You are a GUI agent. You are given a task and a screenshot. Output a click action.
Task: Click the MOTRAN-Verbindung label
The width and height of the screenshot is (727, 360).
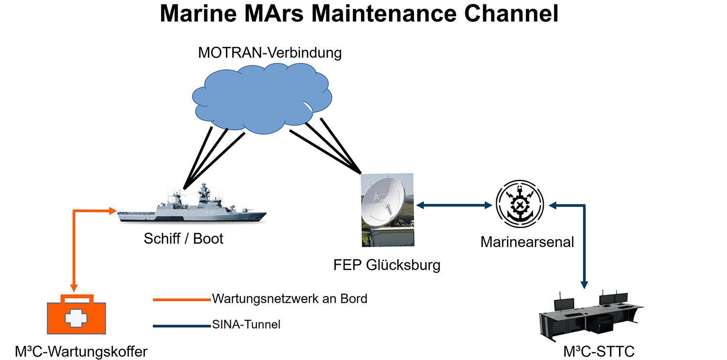tap(269, 53)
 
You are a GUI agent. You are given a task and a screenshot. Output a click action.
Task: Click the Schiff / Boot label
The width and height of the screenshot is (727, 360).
tap(184, 239)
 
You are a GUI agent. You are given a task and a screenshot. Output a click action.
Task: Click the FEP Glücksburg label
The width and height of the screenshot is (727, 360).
tap(387, 265)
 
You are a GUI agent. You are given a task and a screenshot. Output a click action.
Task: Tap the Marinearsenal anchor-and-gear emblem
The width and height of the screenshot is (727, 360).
tap(520, 204)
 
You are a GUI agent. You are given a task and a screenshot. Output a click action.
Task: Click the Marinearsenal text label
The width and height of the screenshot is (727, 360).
tap(527, 241)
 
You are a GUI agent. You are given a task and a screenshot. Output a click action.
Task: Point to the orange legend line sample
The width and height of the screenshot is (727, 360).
tap(182, 299)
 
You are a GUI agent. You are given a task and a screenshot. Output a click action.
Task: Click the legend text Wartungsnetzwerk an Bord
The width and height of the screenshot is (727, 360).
tap(289, 298)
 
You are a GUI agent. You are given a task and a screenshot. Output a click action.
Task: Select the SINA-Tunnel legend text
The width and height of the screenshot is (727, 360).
tap(246, 325)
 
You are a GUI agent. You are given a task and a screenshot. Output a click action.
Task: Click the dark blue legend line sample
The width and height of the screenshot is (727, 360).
tap(182, 326)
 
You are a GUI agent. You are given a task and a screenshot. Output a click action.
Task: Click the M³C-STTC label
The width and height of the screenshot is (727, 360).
tap(599, 351)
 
